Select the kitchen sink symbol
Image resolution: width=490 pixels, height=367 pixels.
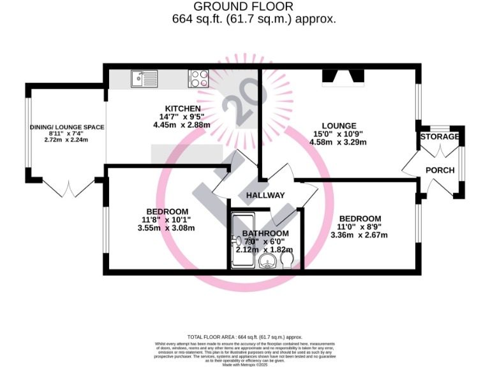point(144,78)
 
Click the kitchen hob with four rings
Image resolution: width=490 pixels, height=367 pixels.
point(198,78)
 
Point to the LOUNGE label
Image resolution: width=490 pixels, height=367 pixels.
point(338,126)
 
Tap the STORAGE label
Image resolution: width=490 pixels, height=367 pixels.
point(440,137)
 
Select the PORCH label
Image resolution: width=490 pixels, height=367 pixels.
point(440,170)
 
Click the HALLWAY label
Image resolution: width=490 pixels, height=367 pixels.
point(265,195)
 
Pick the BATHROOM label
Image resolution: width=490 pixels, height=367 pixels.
point(265,234)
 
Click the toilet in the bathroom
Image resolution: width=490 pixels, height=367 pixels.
point(288,262)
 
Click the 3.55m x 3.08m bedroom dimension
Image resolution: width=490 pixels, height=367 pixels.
point(166,228)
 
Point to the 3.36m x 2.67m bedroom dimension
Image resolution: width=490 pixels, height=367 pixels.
point(359,235)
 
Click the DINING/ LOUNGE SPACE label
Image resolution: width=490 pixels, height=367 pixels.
point(67,127)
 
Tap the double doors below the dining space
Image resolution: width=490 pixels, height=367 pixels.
point(68,189)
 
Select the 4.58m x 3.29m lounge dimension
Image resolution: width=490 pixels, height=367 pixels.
point(338,142)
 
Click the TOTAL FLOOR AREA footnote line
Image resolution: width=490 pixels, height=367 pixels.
point(244,336)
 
